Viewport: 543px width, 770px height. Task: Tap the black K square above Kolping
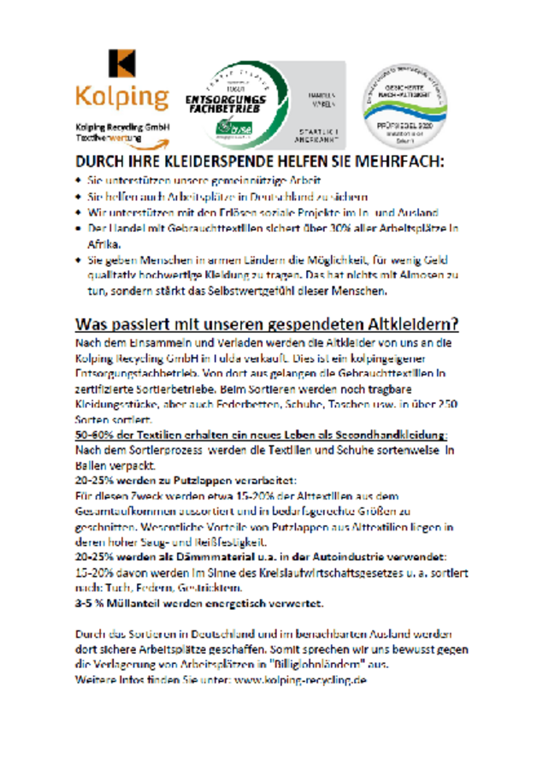[121, 62]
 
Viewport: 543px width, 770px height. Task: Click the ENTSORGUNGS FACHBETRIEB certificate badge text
[226, 105]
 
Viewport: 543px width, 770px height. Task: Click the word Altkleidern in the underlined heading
[410, 324]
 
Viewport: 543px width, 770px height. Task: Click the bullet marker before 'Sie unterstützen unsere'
[79, 181]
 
